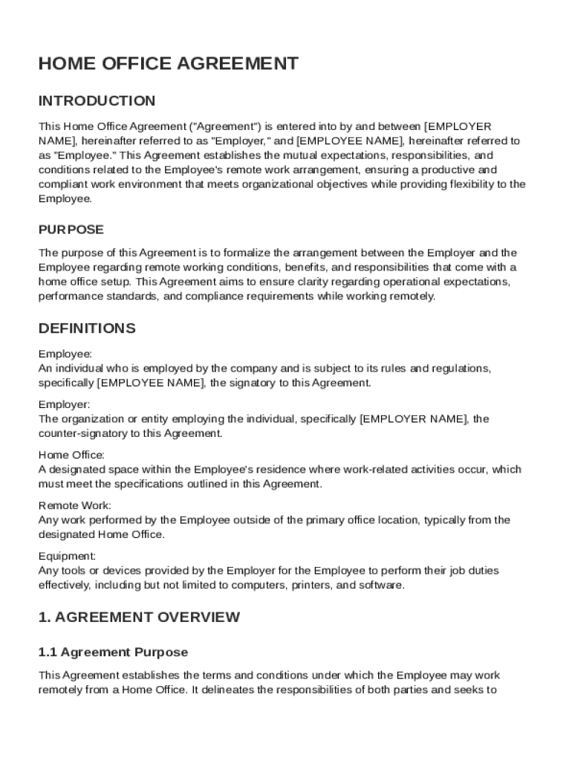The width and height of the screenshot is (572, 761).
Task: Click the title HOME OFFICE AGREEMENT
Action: click(168, 64)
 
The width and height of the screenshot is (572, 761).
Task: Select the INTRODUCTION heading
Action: click(97, 101)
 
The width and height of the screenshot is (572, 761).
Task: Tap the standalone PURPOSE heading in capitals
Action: click(71, 230)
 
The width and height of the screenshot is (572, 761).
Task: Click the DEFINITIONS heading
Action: click(87, 328)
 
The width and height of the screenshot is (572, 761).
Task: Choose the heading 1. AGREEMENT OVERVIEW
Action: click(139, 617)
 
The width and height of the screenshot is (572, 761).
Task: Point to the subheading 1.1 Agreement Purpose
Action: click(113, 652)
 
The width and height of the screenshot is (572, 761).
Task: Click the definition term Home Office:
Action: click(71, 455)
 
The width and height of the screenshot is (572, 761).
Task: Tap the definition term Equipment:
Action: click(67, 556)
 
